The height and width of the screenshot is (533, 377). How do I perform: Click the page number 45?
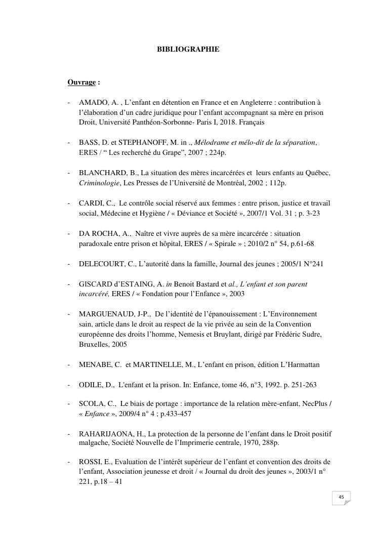pos(341,498)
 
